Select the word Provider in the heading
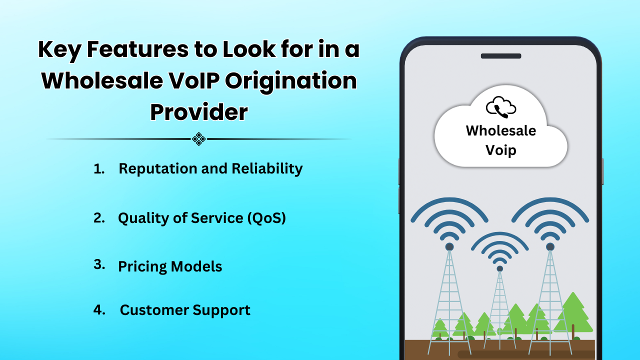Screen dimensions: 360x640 coord(199,112)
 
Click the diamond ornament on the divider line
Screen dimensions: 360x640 coord(199,139)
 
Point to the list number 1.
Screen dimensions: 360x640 coord(98,169)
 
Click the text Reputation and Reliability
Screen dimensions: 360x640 coord(210,169)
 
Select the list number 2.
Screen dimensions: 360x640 coord(99,218)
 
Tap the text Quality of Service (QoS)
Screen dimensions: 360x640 coord(201,218)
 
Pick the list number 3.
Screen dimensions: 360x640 coord(99,265)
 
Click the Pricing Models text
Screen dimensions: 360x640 coord(170,266)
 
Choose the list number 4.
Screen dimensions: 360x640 coord(99,309)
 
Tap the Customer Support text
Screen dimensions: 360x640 coord(185,310)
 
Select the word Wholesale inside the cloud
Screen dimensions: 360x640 coord(500,130)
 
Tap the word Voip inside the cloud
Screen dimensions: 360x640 coord(500,150)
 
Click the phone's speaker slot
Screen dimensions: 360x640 coord(501,56)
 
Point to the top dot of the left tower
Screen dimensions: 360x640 coord(449,246)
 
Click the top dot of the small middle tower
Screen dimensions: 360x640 coord(499,268)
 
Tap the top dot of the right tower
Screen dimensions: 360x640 coord(550,246)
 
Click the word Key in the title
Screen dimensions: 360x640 coord(58,50)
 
